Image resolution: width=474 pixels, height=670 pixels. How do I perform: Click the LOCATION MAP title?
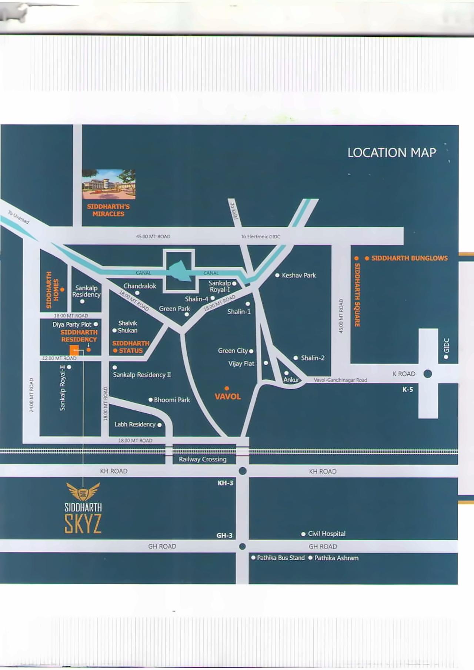click(x=391, y=153)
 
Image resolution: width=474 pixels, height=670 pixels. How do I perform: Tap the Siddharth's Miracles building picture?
click(x=109, y=184)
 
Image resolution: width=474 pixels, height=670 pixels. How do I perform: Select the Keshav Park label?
click(x=298, y=275)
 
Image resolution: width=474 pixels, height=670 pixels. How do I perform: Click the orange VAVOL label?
click(x=228, y=396)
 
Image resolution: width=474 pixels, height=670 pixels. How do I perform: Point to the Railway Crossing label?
click(x=203, y=459)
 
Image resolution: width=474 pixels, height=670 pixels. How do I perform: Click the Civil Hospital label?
click(x=326, y=534)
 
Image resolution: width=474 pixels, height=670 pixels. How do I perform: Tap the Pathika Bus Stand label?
click(x=280, y=558)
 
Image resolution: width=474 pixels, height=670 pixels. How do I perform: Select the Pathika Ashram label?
click(x=336, y=558)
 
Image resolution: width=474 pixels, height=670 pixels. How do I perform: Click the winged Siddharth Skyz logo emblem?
click(x=83, y=492)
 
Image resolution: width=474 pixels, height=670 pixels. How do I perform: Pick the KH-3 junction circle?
click(x=243, y=471)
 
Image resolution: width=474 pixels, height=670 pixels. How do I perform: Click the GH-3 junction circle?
click(x=243, y=547)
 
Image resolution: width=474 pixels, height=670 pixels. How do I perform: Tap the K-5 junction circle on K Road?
click(x=428, y=374)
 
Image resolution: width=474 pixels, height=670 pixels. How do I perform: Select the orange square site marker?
click(x=74, y=350)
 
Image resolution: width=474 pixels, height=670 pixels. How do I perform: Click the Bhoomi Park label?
click(x=171, y=400)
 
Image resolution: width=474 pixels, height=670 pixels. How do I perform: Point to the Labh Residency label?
click(x=135, y=424)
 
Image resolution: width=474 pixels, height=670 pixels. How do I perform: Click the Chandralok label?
click(x=140, y=286)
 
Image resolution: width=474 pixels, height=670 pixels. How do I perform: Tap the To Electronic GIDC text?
click(x=260, y=237)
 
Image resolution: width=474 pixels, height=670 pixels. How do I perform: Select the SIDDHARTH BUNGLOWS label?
click(x=409, y=258)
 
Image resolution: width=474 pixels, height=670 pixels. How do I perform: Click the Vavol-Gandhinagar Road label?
click(x=340, y=380)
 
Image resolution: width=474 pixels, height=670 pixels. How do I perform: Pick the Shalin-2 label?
click(x=313, y=358)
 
